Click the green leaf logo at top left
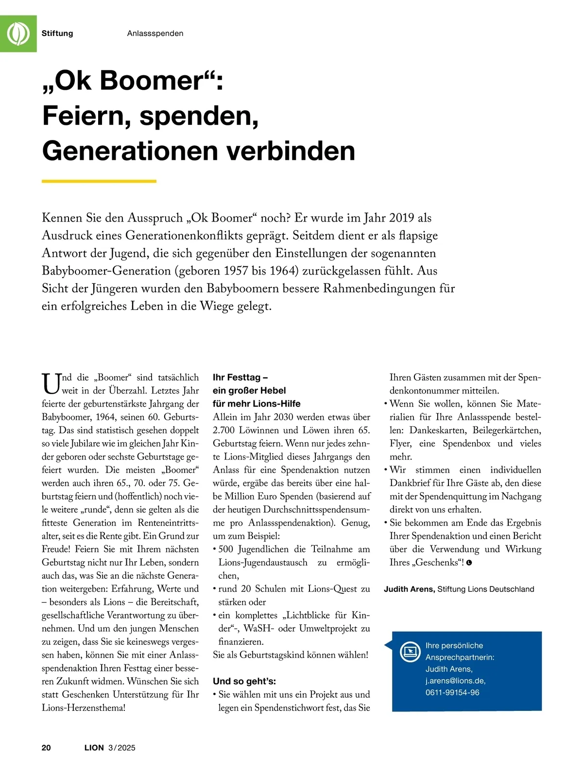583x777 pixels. [18, 34]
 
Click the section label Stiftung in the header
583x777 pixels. [57, 34]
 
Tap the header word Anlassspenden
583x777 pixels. [155, 34]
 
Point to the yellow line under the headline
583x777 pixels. [99, 181]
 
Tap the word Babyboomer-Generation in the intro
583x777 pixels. [106, 271]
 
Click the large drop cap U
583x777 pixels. [51, 383]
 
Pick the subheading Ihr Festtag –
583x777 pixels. [240, 378]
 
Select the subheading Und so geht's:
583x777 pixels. [244, 681]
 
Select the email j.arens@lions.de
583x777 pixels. [455, 680]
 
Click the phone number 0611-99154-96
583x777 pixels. [452, 692]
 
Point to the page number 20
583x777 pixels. [46, 747]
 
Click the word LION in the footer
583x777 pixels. [94, 747]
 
